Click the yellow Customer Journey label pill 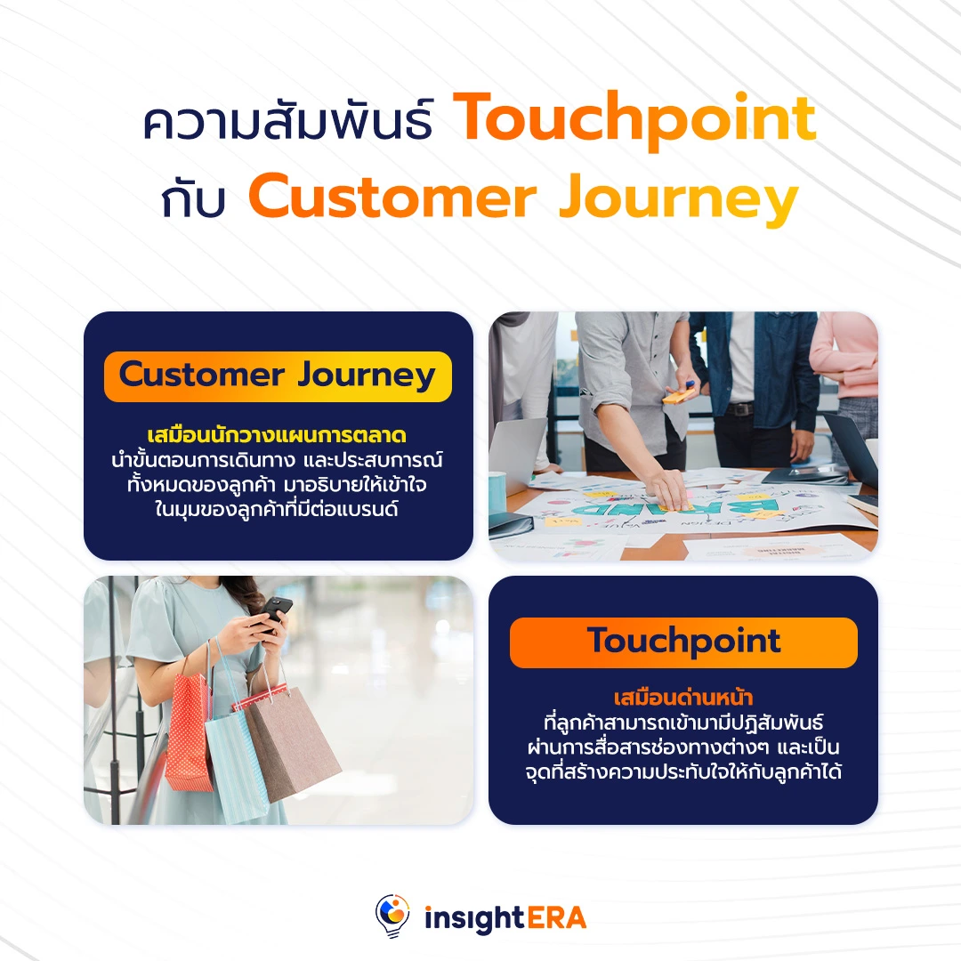278,376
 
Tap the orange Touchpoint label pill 683,642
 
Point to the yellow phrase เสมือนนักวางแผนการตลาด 278,436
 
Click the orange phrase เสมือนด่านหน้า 683,697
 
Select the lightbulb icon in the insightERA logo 392,916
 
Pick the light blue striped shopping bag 237,756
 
